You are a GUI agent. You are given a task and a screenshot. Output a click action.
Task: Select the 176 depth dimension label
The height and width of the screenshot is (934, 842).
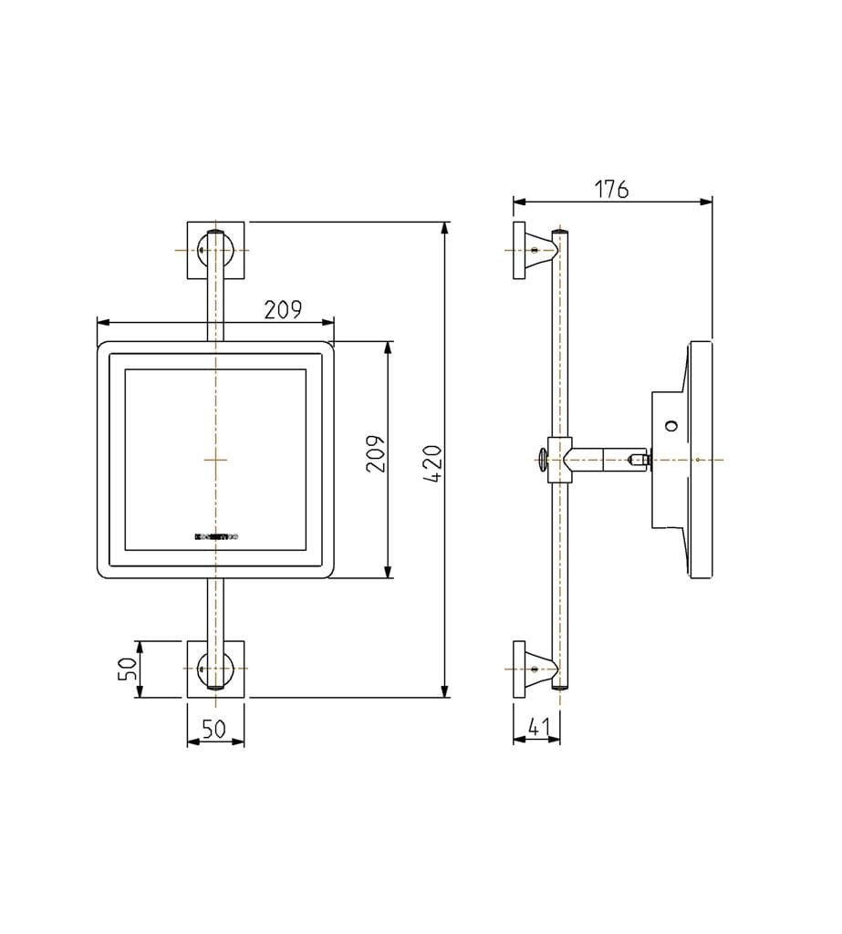tap(611, 189)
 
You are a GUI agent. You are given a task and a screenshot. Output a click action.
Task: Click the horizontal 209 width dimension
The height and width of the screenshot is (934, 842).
tap(283, 310)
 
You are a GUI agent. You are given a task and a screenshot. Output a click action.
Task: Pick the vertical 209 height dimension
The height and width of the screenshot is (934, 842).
tap(376, 453)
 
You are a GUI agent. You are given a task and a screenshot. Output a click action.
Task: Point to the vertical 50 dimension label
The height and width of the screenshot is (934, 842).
tap(129, 669)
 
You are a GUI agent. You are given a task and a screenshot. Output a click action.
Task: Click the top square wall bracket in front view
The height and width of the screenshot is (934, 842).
tap(215, 249)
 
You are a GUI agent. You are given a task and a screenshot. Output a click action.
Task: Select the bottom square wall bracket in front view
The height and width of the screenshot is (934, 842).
tap(215, 669)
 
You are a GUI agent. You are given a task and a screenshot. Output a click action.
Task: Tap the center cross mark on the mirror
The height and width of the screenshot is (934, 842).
tap(215, 459)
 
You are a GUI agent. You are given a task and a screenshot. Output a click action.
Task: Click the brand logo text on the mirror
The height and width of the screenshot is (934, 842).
tap(216, 538)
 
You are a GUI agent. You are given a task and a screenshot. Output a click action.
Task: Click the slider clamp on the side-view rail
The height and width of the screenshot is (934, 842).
tap(559, 459)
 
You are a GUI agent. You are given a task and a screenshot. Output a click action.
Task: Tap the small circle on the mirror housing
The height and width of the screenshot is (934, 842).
tap(671, 425)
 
